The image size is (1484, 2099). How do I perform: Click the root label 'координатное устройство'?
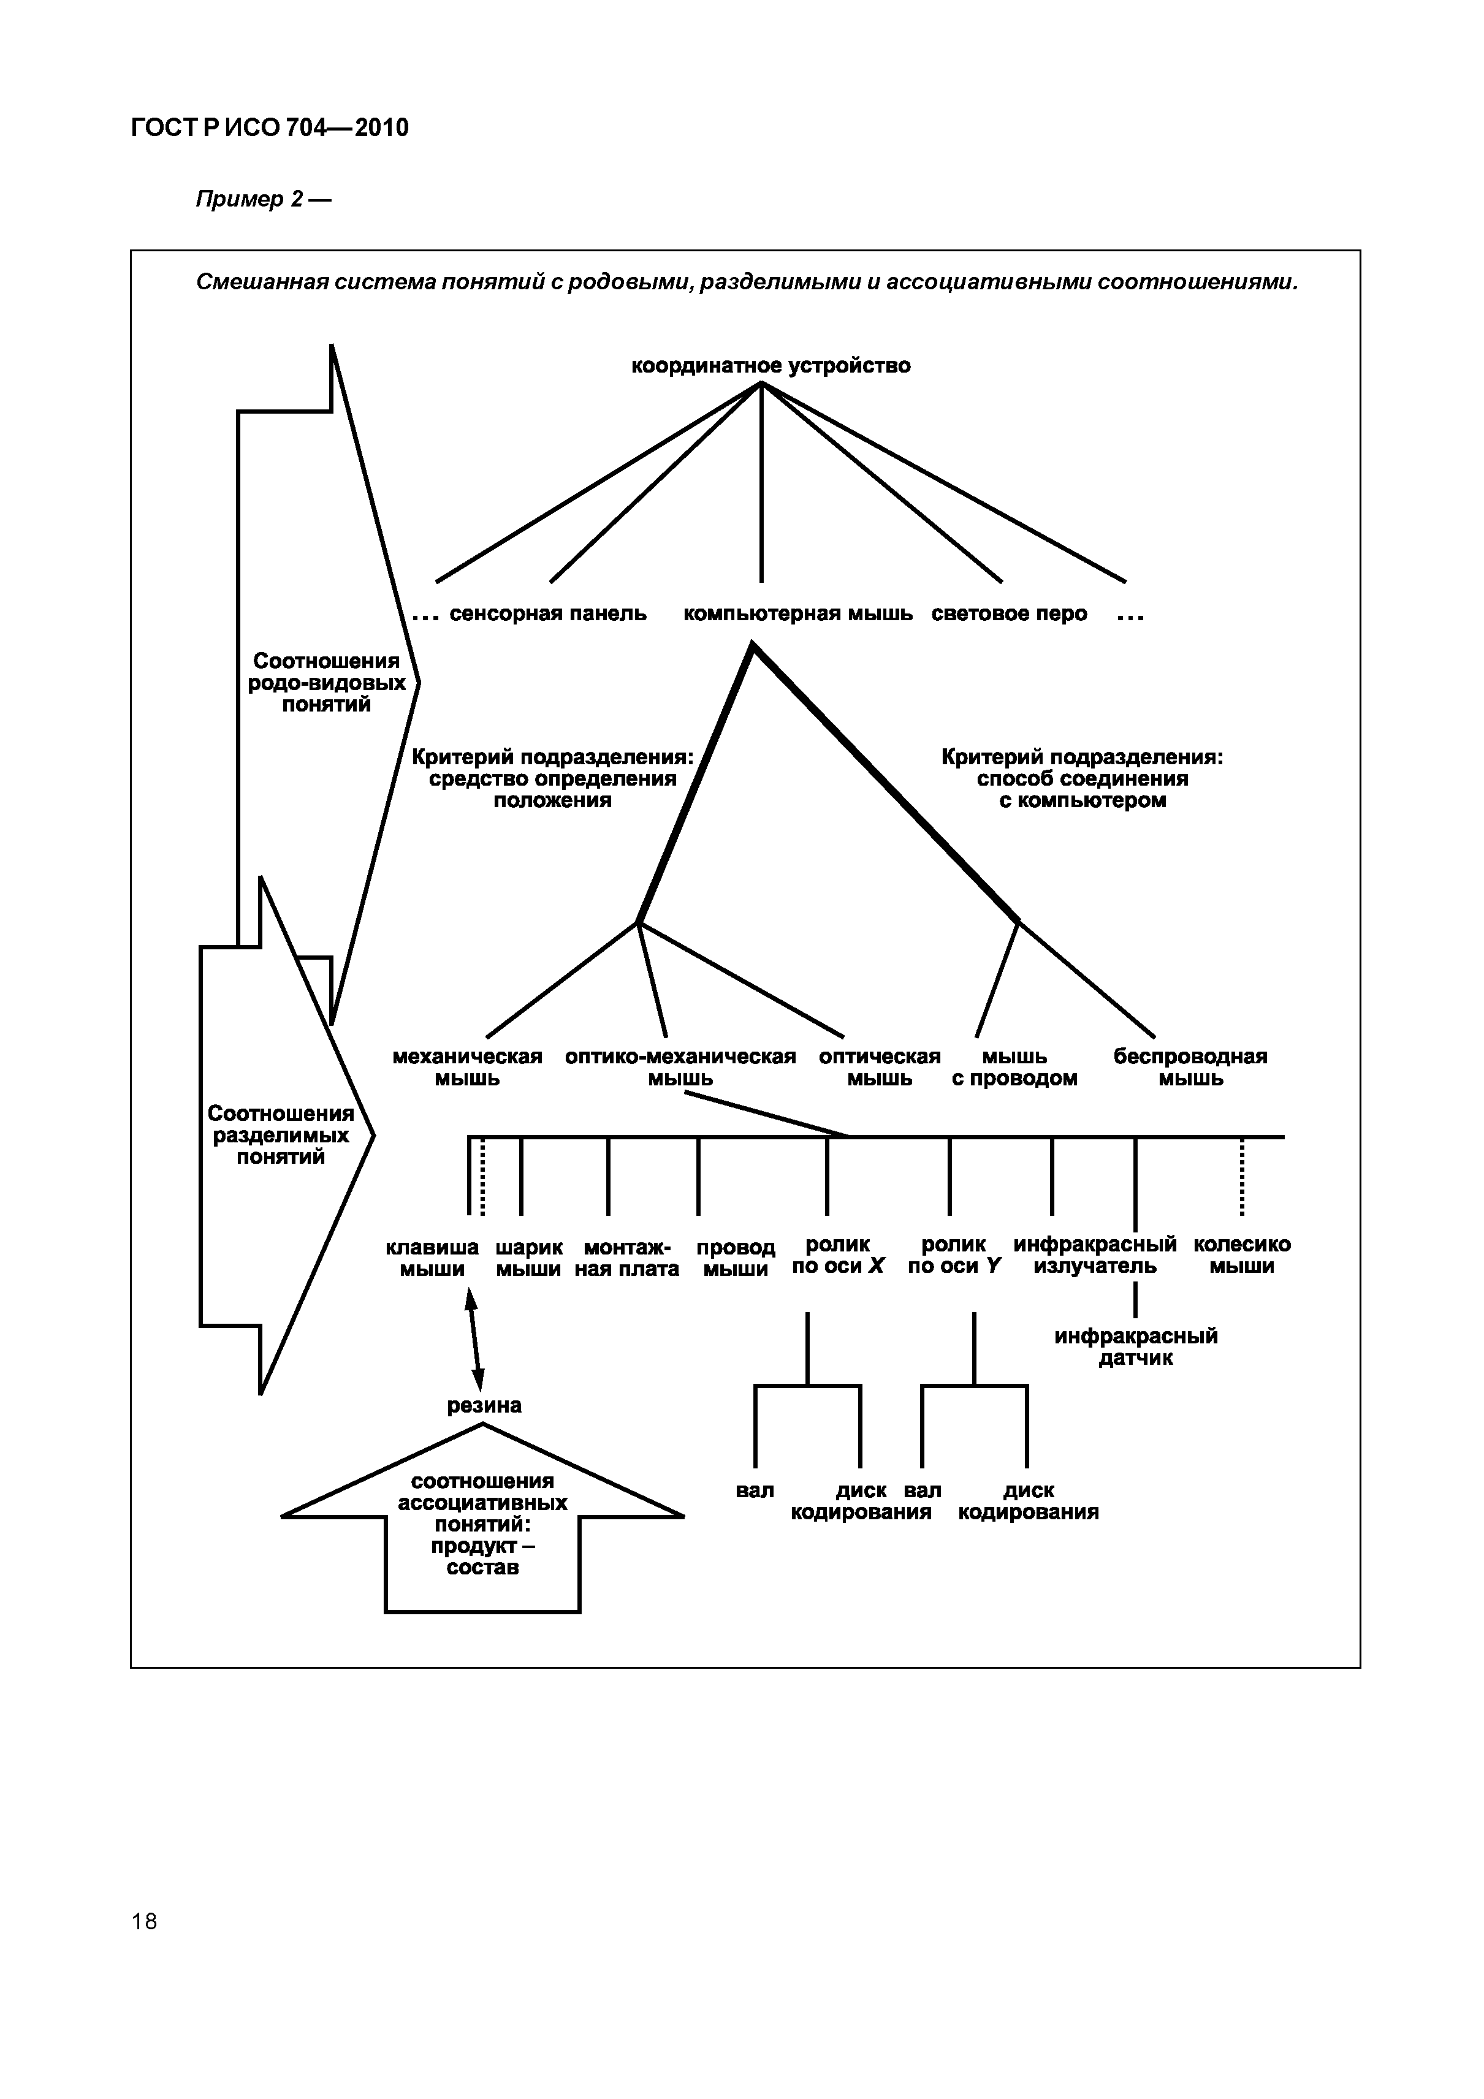771,366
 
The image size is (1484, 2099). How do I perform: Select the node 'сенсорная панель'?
548,613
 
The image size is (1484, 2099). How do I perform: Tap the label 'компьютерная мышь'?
797,613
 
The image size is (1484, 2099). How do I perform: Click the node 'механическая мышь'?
466,1067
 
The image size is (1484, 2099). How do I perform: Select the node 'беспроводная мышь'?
1190,1067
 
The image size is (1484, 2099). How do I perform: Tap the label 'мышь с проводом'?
1014,1067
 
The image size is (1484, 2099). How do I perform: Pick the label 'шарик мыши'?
528,1258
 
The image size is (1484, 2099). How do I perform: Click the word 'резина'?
484,1405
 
